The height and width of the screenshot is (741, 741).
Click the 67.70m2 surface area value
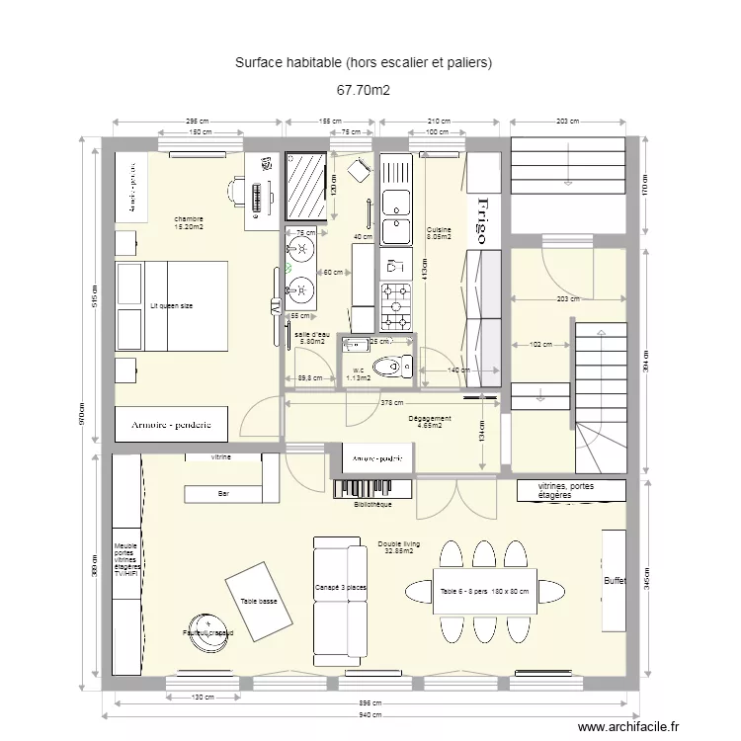(x=364, y=90)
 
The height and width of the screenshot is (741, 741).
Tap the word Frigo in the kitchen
(x=481, y=219)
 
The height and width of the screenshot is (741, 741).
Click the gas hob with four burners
(x=396, y=305)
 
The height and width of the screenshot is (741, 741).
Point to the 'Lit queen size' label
(x=172, y=306)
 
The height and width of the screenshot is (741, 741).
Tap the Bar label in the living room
(x=223, y=493)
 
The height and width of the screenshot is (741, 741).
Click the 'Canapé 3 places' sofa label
(x=341, y=588)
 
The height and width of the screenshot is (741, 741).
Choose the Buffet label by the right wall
(x=615, y=581)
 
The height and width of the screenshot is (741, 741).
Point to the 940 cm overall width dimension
(x=370, y=714)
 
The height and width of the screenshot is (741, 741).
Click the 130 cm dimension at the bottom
(x=202, y=698)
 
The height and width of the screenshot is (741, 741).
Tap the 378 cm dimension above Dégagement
(x=392, y=402)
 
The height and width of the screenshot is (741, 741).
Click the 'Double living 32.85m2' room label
(x=398, y=547)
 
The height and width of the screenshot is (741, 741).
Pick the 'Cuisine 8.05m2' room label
(x=439, y=233)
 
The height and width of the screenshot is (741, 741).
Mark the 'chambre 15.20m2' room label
(x=189, y=223)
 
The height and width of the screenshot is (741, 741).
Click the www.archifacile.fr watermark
(x=629, y=727)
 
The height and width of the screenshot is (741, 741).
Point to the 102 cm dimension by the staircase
(x=540, y=345)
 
